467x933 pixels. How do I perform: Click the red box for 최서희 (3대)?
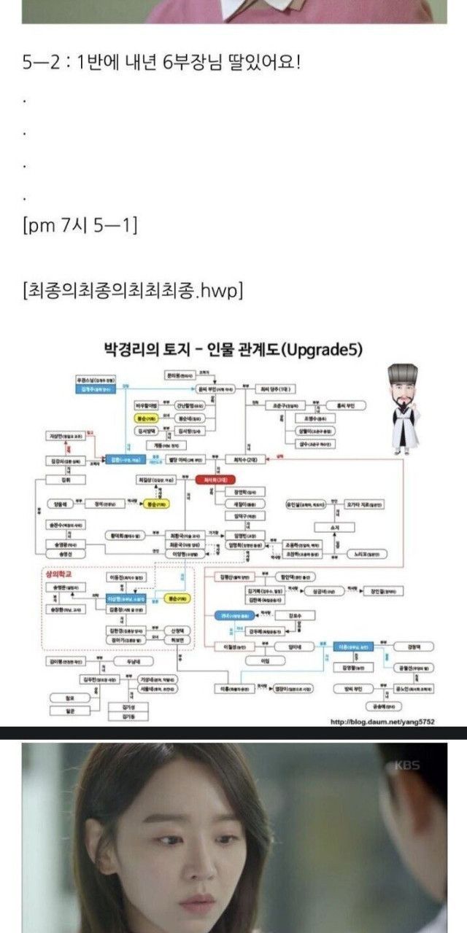(x=210, y=479)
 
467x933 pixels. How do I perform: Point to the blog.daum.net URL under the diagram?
(x=382, y=721)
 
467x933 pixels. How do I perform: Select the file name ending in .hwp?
(x=133, y=291)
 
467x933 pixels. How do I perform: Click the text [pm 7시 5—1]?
(x=80, y=226)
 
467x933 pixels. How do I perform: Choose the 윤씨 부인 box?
(x=217, y=390)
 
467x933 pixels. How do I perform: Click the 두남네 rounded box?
(x=143, y=661)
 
